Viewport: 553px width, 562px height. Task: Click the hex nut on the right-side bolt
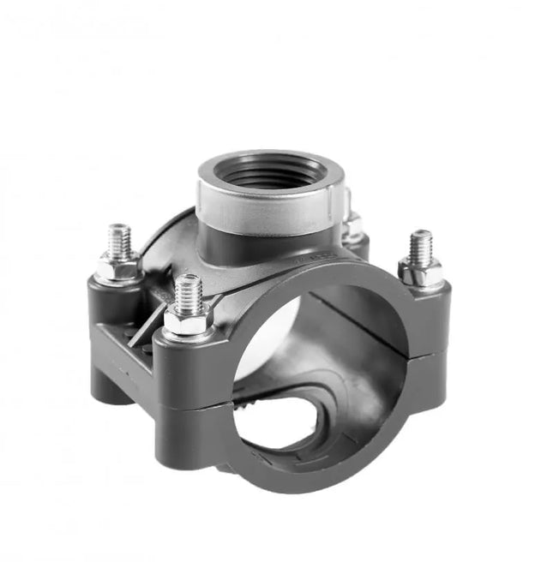coord(420,272)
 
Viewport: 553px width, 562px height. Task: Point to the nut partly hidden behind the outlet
coord(352,227)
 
